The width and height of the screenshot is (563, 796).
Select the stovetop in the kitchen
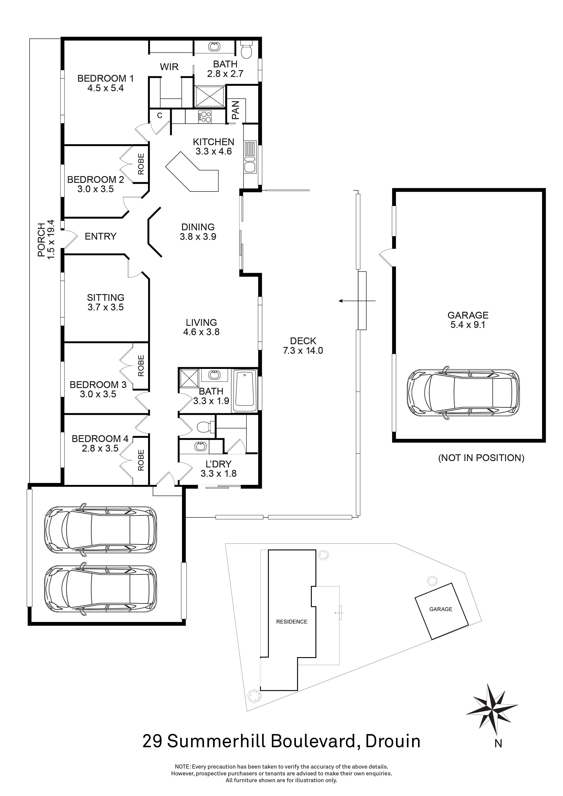pos(205,116)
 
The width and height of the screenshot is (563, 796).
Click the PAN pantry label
pos(236,110)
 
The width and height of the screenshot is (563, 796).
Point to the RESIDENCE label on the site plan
pos(292,622)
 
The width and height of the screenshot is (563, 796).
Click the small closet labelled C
pos(160,116)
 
